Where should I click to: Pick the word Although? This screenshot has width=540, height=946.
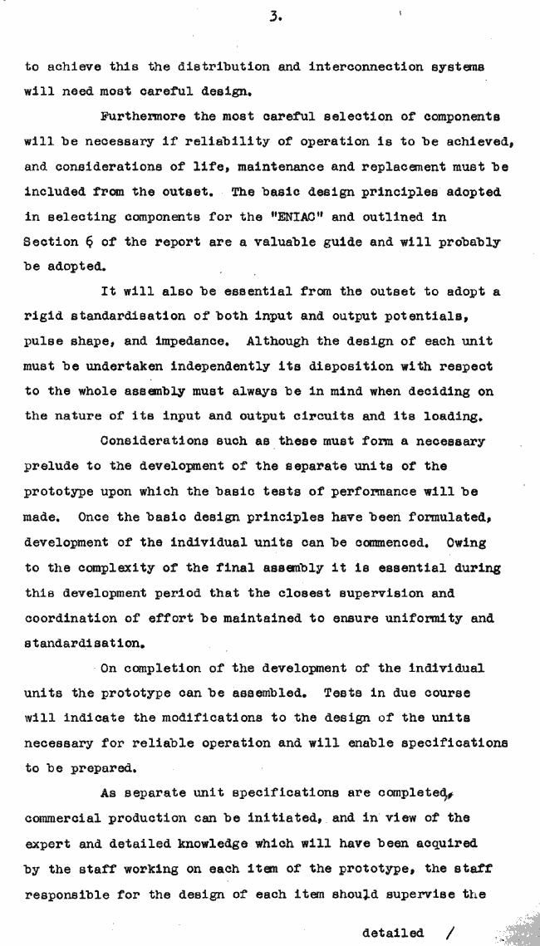coord(258,341)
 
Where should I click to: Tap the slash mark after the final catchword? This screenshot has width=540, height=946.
coord(451,933)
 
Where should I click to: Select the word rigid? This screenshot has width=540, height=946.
coord(47,316)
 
